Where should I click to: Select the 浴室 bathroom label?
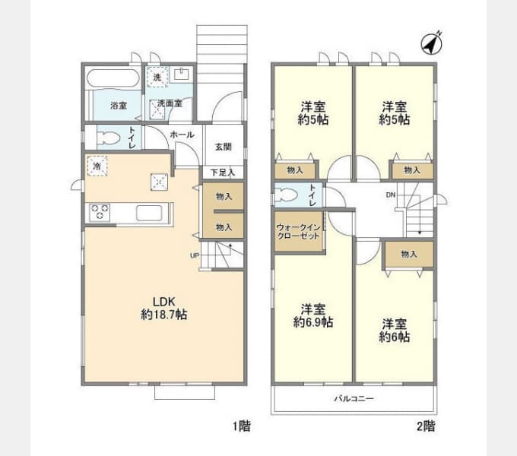tap(119, 105)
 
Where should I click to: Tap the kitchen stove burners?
tap(100, 213)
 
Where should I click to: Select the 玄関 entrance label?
tap(223, 147)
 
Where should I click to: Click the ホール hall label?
tap(182, 135)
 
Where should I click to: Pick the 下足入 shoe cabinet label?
tap(223, 173)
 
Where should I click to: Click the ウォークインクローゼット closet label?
tap(299, 231)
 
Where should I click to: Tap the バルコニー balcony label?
tap(354, 398)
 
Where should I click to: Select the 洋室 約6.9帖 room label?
tap(313, 315)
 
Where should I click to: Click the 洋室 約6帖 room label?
tap(395, 329)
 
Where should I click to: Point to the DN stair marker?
tap(390, 195)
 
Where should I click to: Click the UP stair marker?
tap(195, 255)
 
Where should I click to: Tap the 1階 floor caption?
tap(241, 426)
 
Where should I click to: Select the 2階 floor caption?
tap(425, 426)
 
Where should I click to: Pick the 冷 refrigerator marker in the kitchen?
tap(97, 164)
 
